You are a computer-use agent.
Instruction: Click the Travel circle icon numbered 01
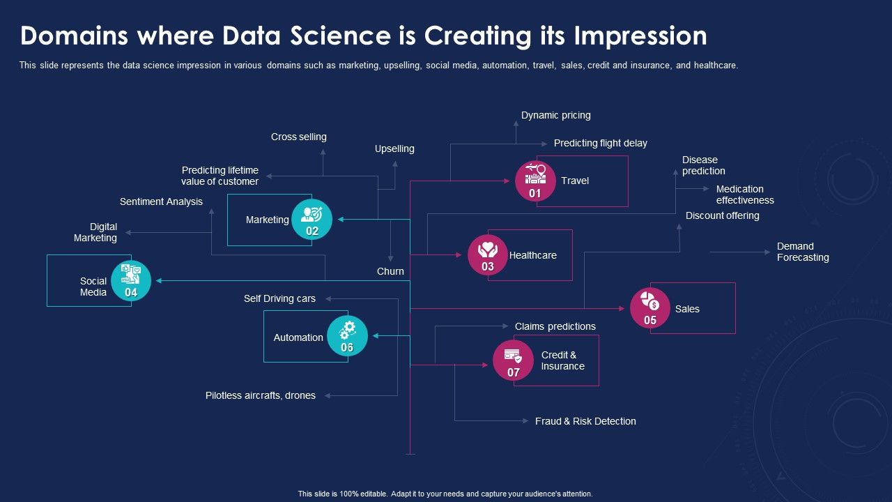(535, 181)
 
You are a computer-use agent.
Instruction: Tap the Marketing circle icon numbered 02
(312, 220)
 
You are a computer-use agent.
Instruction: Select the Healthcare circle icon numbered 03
(488, 255)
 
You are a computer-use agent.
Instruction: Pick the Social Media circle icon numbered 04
(131, 281)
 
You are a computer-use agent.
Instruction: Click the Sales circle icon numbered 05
(650, 308)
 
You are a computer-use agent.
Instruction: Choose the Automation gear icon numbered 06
(347, 336)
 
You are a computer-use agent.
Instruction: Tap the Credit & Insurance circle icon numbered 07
(513, 360)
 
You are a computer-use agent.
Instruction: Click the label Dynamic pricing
(555, 115)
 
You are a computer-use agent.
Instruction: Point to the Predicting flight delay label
(600, 143)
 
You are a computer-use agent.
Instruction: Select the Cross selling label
(298, 137)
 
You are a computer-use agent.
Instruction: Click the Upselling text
(394, 149)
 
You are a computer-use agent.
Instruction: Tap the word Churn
(390, 271)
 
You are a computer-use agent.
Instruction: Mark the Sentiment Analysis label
(161, 201)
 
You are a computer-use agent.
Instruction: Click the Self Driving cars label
(279, 298)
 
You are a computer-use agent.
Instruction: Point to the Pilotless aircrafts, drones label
(260, 395)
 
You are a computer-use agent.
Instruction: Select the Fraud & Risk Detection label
(585, 421)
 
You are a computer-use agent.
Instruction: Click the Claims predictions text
(555, 326)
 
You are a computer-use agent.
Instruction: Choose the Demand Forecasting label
(803, 252)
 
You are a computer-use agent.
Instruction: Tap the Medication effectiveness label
(744, 195)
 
